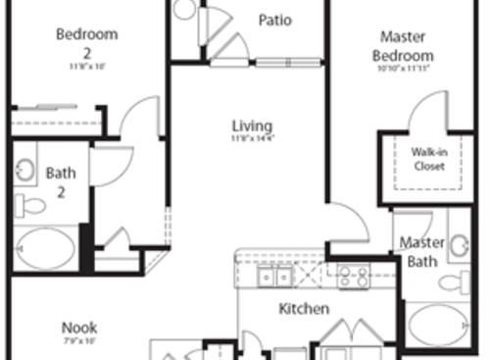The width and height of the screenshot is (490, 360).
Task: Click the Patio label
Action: pos(274,20)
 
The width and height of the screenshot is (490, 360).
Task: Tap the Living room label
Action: pos(252,127)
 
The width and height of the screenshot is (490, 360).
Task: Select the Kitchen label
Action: pos(304,309)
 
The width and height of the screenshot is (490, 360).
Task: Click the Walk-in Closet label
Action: pos(428,159)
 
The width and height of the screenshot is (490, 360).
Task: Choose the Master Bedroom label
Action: pos(402,46)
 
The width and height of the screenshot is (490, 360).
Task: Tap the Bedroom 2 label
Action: pos(86,42)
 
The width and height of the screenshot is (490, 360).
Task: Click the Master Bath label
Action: pos(423,251)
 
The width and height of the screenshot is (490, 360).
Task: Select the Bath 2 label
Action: pos(60,182)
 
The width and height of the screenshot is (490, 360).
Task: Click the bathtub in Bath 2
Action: pos(44,249)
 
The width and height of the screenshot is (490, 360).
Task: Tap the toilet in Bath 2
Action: pos(32,205)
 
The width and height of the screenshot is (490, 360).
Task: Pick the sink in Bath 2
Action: pos(24,169)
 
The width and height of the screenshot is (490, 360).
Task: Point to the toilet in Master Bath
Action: pos(454,283)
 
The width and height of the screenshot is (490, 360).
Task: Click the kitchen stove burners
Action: pos(353,278)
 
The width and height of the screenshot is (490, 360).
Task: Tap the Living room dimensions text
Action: pos(252,140)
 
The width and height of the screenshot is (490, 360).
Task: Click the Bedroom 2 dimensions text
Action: pos(86,67)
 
